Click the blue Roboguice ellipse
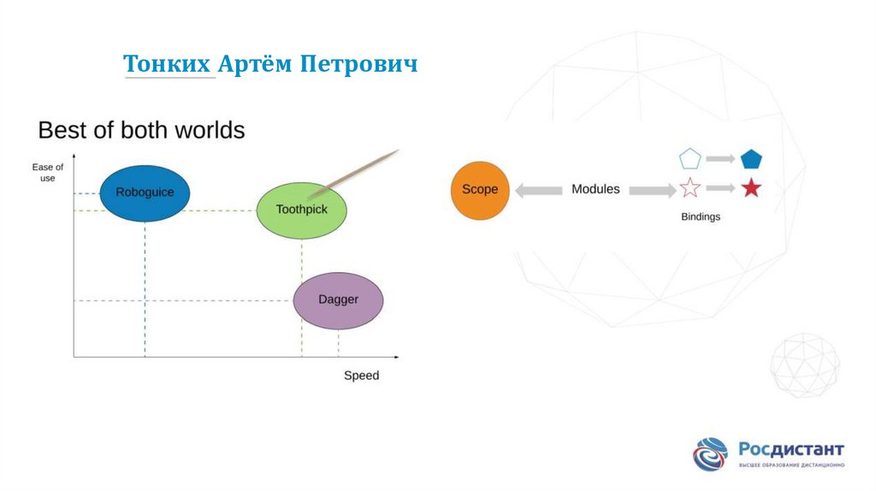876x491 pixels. coord(145,192)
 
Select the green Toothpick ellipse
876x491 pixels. coord(301,210)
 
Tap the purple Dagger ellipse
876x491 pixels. coord(338,300)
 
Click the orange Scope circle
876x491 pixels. coord(480,190)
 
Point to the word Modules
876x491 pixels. coord(595,189)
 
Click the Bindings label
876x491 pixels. coord(701,217)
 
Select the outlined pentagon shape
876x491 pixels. coord(690,159)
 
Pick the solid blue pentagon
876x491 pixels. coord(751,159)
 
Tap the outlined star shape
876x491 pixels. coord(690,188)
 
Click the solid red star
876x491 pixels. coord(751,188)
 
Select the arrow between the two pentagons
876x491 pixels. coord(720,159)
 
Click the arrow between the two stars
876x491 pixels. coord(720,188)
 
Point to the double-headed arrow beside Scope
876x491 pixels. coord(536,190)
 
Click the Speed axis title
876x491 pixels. coord(361,376)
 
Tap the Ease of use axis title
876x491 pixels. coord(48,172)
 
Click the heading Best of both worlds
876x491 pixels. coord(141,130)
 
